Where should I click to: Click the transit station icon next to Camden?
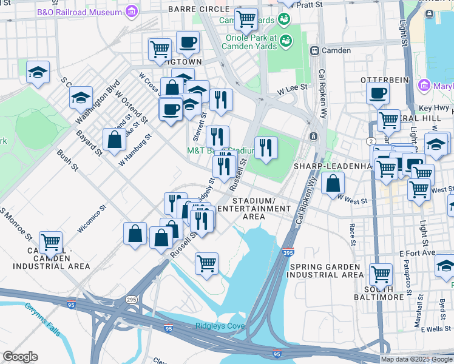coord(314,50)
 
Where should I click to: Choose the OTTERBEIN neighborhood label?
coord(382,80)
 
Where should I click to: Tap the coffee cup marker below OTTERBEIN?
coord(378,94)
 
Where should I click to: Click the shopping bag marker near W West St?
coord(333,183)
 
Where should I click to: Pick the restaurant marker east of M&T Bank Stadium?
coord(266,147)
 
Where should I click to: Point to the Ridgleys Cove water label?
coord(220,326)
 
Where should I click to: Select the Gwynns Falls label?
coord(42,319)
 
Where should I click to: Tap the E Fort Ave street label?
coord(419,253)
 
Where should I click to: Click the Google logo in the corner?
coord(20,357)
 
